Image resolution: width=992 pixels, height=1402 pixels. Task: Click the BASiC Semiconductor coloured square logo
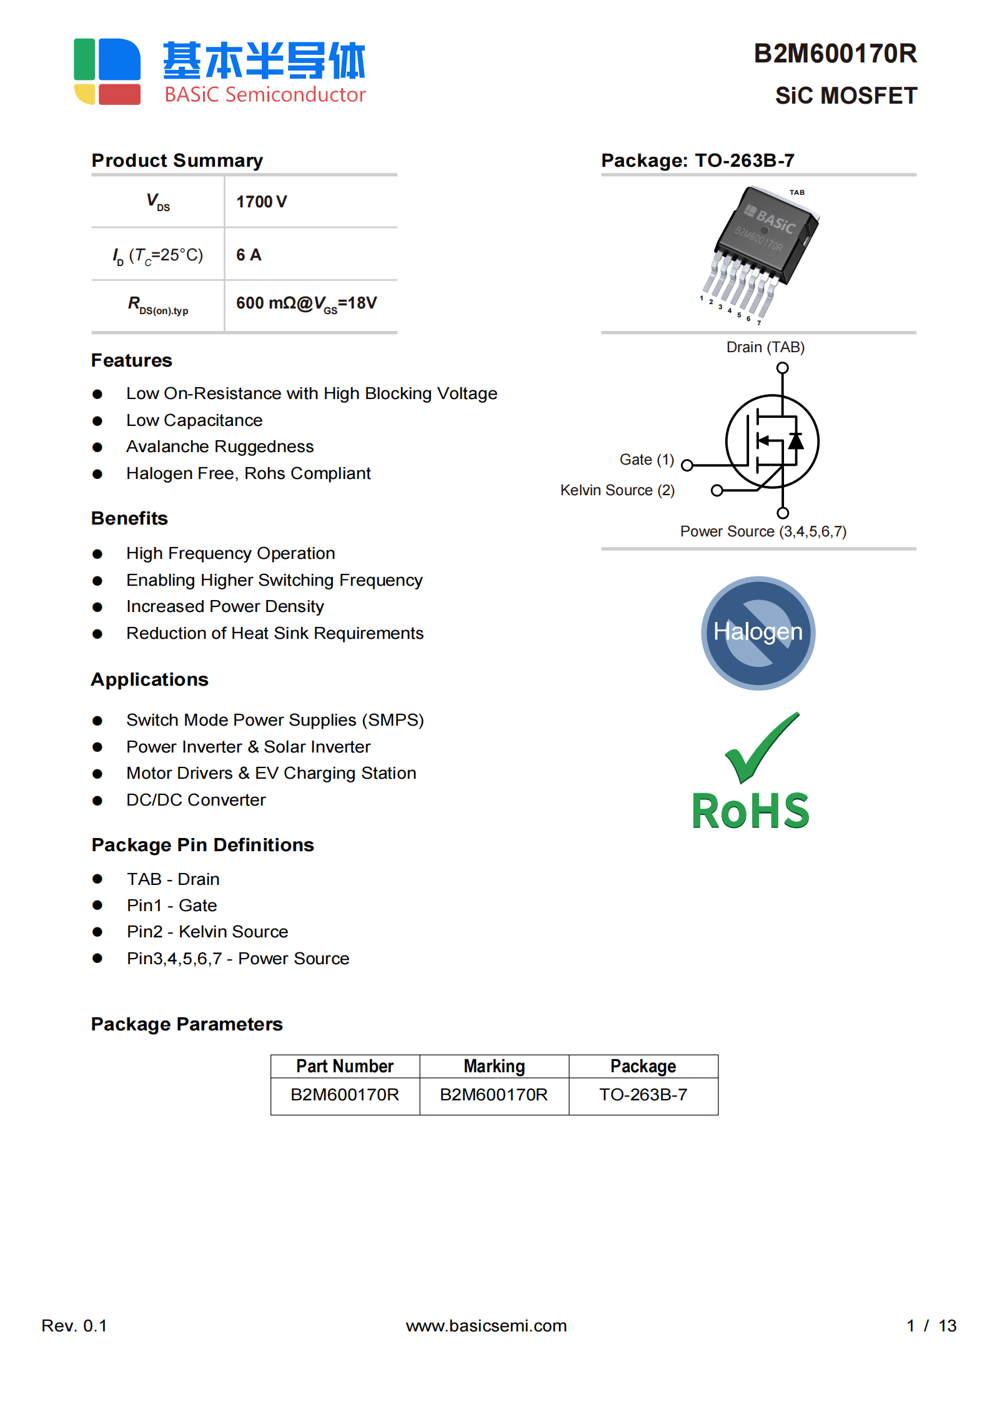click(x=107, y=71)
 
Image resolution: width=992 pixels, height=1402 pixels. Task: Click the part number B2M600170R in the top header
click(x=835, y=54)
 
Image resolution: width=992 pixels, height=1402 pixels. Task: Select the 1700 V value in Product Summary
click(x=261, y=202)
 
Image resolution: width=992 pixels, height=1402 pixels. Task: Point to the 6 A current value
click(x=249, y=255)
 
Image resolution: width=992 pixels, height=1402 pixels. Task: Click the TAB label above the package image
click(x=796, y=192)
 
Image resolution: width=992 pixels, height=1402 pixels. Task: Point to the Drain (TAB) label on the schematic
click(x=765, y=347)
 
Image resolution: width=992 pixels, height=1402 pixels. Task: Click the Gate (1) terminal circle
click(x=687, y=465)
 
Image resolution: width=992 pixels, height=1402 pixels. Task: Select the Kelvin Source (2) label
click(x=617, y=490)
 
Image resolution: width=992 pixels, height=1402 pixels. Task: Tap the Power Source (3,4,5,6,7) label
click(x=763, y=531)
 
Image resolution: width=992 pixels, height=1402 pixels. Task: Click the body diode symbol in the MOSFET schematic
click(x=795, y=441)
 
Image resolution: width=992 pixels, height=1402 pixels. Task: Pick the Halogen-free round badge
click(x=758, y=633)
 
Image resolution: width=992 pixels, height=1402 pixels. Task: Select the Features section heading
click(x=132, y=360)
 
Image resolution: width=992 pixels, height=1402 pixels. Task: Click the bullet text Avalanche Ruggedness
click(x=220, y=447)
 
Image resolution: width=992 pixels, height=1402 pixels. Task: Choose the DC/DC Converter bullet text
click(x=196, y=800)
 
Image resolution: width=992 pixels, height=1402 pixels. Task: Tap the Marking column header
click(x=494, y=1066)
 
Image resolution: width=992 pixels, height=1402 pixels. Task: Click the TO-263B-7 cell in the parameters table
click(x=643, y=1095)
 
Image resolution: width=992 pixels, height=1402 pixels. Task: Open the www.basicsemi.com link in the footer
click(x=486, y=1325)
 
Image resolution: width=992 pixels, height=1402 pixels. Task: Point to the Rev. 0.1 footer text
click(x=74, y=1325)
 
